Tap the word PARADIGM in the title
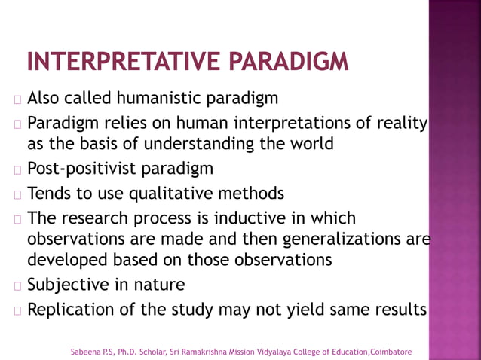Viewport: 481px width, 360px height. pos(293,62)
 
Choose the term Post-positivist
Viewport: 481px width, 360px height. pos(80,168)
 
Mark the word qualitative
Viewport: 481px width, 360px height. pos(173,194)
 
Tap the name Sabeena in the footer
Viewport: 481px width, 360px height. pos(84,352)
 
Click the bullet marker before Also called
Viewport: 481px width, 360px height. pos(17,99)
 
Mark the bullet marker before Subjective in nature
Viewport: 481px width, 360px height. pos(17,286)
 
